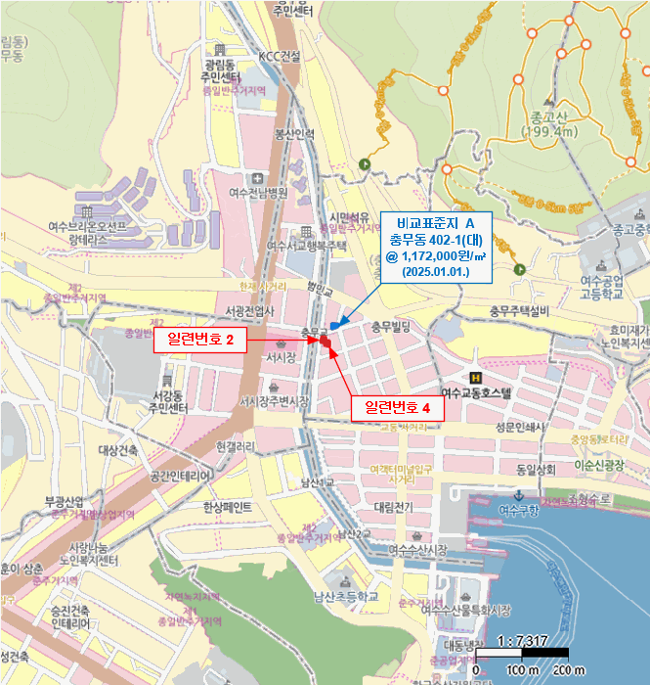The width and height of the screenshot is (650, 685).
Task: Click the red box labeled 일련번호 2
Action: (x=200, y=340)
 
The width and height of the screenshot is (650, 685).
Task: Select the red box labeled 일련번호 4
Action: (x=398, y=407)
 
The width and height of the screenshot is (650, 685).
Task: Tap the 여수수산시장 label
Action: (x=417, y=550)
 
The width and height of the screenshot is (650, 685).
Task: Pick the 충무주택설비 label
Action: (x=520, y=311)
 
